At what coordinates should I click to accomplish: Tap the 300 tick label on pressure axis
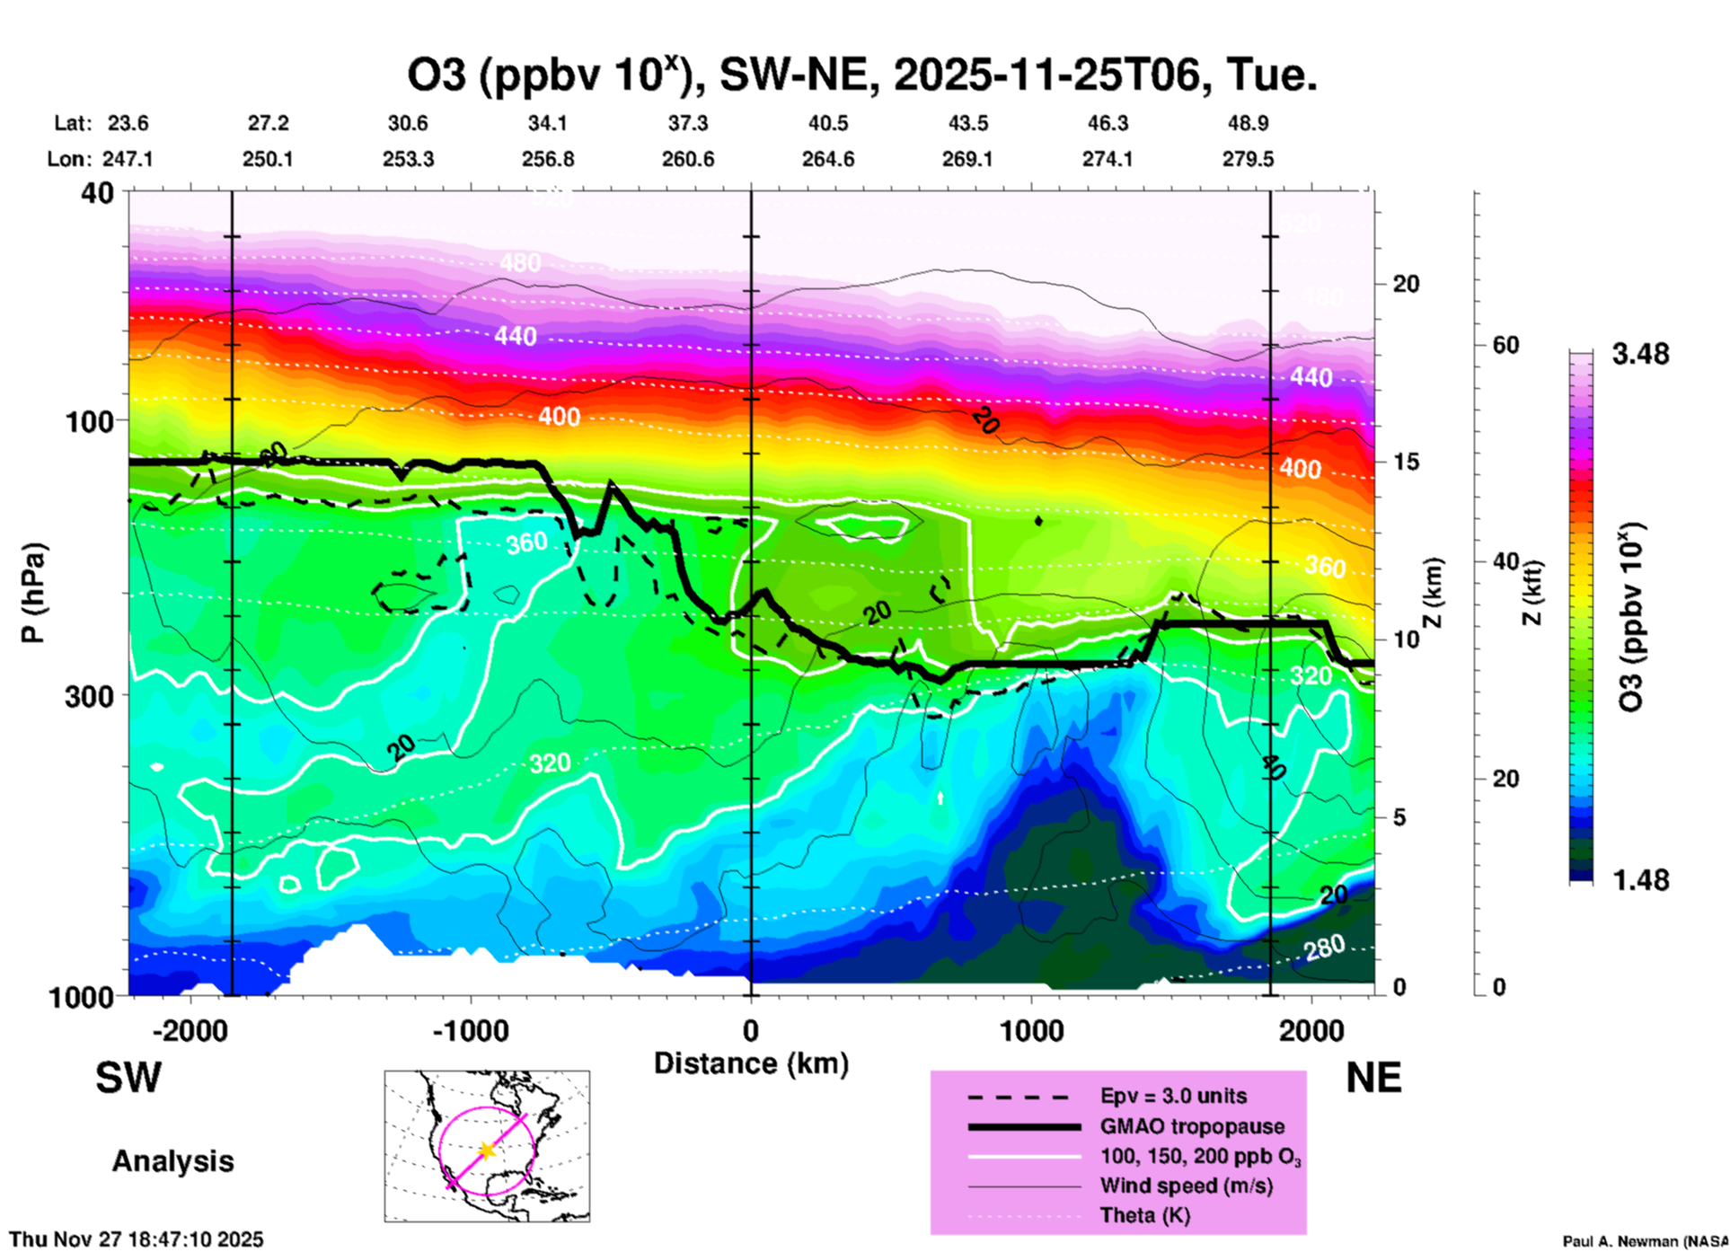tap(90, 696)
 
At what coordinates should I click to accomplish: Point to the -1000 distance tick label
tap(470, 1030)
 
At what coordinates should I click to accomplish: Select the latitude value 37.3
tap(688, 123)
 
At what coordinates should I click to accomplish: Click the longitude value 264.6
tap(827, 159)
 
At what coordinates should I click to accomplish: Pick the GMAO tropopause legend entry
tap(1192, 1126)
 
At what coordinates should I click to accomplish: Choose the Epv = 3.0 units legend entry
tap(1173, 1096)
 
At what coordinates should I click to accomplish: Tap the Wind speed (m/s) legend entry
tap(1186, 1186)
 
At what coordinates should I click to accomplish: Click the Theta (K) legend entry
tap(1144, 1215)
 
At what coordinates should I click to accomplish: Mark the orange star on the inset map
tap(487, 1151)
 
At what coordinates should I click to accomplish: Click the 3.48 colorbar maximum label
tap(1640, 354)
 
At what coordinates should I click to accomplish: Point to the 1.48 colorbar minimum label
tap(1640, 879)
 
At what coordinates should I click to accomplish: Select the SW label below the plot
tap(128, 1078)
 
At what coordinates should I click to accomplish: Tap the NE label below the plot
tap(1373, 1078)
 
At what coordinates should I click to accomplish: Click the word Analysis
tap(172, 1161)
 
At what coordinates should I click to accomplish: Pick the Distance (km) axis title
tap(751, 1063)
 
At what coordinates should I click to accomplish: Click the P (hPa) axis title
tap(32, 593)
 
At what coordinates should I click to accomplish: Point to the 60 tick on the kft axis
tap(1505, 345)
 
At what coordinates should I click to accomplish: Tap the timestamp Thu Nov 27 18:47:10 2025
tap(137, 1239)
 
